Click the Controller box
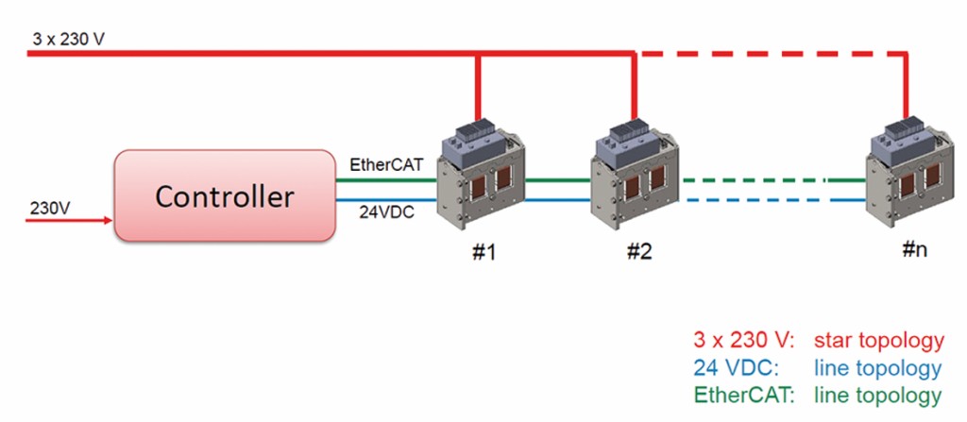coord(225,196)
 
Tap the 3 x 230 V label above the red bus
coord(67,42)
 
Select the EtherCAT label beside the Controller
coord(382,165)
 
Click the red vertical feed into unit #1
coord(479,90)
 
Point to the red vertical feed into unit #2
coord(634,90)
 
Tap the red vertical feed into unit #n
coord(908,90)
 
